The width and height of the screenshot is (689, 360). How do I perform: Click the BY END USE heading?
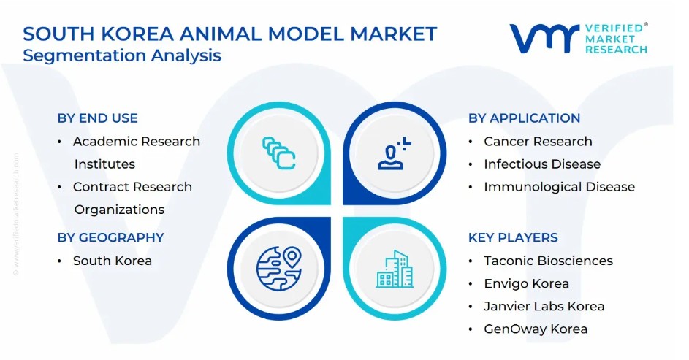coord(98,118)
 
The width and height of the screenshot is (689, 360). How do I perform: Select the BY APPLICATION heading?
coord(524,118)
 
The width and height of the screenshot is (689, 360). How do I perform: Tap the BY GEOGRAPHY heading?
coord(111,237)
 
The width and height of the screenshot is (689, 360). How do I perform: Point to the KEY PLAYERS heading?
coord(513,237)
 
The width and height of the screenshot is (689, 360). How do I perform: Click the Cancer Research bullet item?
coord(538,142)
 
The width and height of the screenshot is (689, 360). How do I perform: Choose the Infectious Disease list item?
coord(542,164)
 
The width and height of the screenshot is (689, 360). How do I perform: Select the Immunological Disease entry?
coord(560,187)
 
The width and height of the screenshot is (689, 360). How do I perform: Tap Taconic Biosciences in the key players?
coord(549,261)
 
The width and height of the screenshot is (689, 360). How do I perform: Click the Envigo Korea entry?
coord(526,283)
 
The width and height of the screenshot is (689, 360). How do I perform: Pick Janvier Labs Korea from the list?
coord(544,307)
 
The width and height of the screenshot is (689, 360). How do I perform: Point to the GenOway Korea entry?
coord(536,329)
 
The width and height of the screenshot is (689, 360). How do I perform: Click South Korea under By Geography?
coord(113,261)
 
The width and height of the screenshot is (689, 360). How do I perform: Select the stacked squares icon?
coord(279,153)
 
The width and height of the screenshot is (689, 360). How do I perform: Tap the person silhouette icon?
coord(394,153)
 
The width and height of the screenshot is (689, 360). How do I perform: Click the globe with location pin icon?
coord(279,268)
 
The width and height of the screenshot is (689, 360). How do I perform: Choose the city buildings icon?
coord(394,269)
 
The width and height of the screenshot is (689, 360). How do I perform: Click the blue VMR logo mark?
coord(544,39)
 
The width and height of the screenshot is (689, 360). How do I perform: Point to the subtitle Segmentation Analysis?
coord(122,55)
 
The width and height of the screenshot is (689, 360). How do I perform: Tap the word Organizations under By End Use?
coord(120,210)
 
